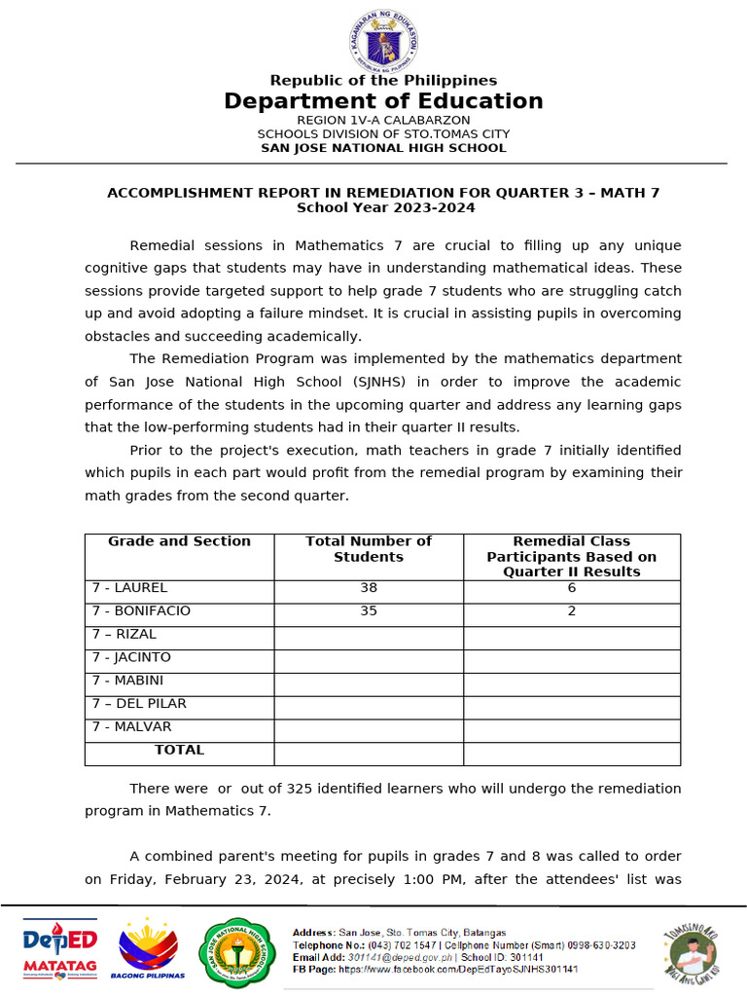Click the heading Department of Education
pyautogui.click(x=383, y=101)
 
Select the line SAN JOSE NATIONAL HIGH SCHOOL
pyautogui.click(x=383, y=148)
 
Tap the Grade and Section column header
pyautogui.click(x=179, y=541)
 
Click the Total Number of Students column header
pyautogui.click(x=369, y=549)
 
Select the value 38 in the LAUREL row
pyautogui.click(x=369, y=588)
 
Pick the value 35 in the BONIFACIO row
pyautogui.click(x=369, y=611)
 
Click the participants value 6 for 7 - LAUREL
pyautogui.click(x=572, y=588)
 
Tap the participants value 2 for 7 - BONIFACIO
pyautogui.click(x=572, y=611)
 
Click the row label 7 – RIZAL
pyautogui.click(x=124, y=634)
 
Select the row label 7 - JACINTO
pyautogui.click(x=131, y=657)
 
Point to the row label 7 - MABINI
pyautogui.click(x=127, y=681)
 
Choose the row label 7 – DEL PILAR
pyautogui.click(x=139, y=703)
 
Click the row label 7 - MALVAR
pyautogui.click(x=131, y=726)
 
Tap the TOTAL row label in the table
pyautogui.click(x=179, y=750)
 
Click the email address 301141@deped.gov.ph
pyautogui.click(x=389, y=957)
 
